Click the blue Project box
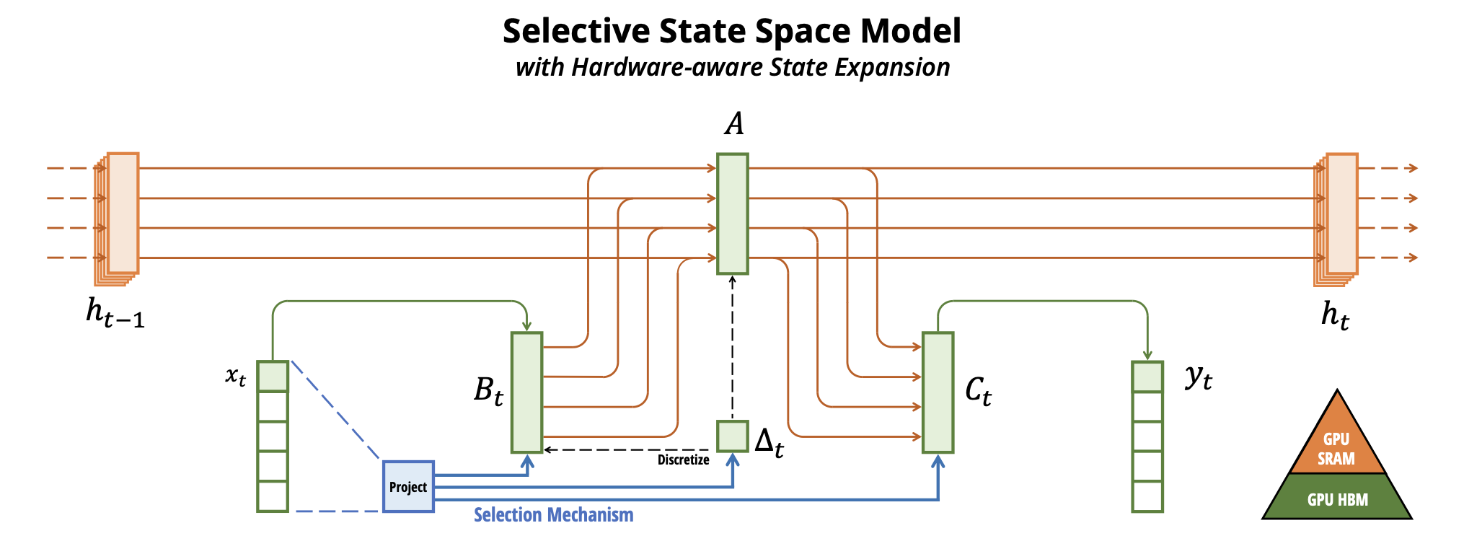coord(408,486)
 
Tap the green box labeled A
coord(732,214)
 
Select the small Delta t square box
coord(732,436)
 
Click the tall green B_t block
coord(526,392)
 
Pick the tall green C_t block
coord(938,392)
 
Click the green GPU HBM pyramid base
coord(1337,496)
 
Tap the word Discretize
coord(683,460)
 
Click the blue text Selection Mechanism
coord(553,515)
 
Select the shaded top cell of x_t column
coord(273,376)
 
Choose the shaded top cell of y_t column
coord(1147,377)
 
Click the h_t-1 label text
coord(115,313)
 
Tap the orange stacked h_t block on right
coord(1336,219)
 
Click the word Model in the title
coord(910,31)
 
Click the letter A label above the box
coord(734,124)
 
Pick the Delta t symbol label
coord(769,441)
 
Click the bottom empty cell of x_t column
coord(273,496)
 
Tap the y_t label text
coord(1199,377)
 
